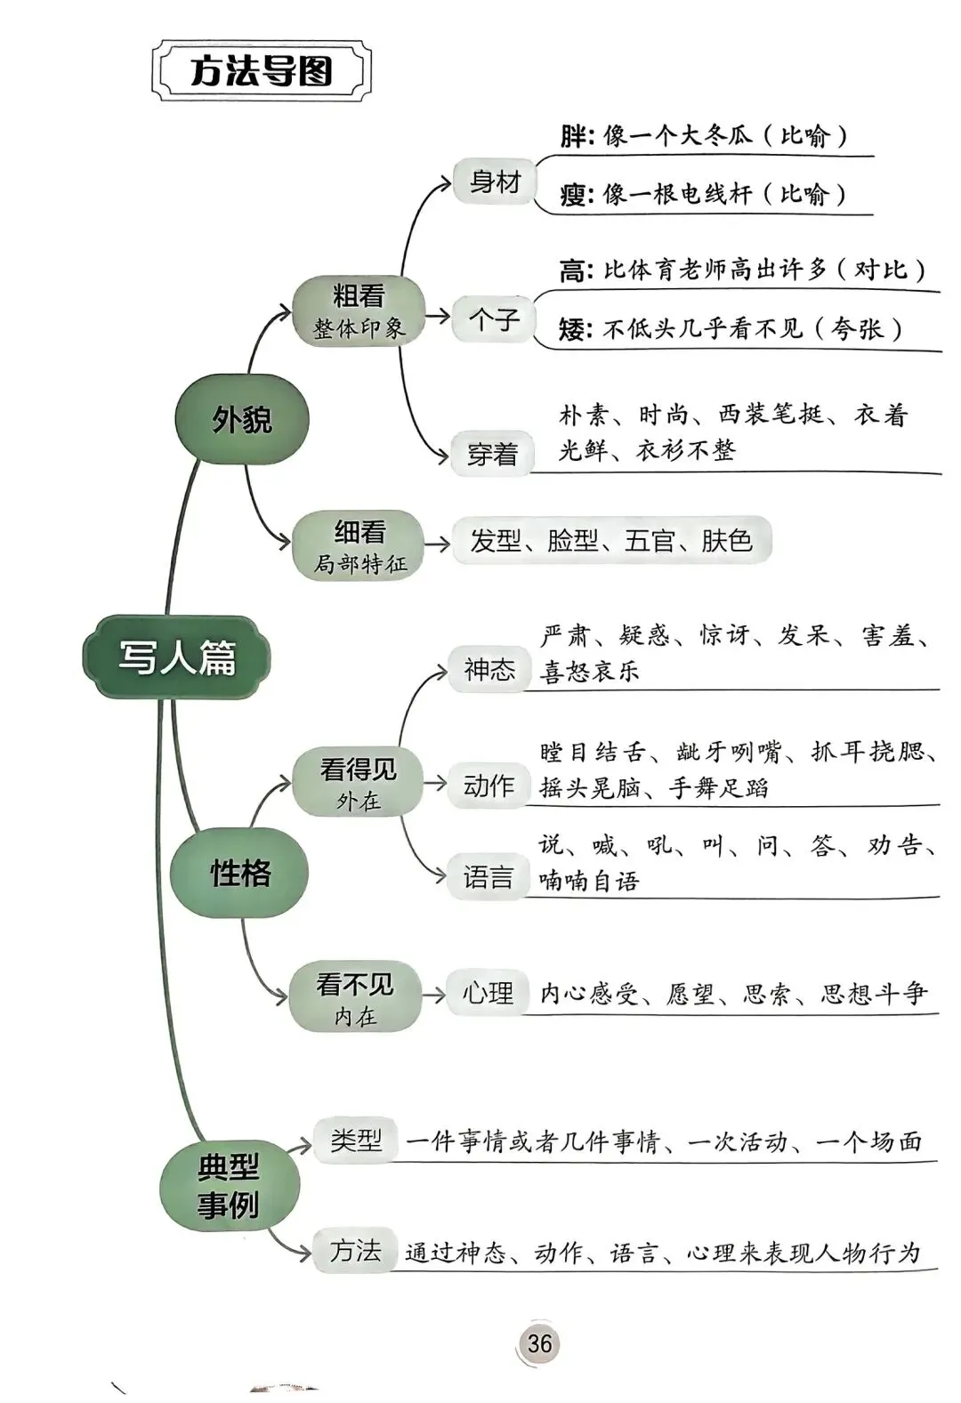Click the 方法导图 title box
(x=261, y=71)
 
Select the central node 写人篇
(x=176, y=657)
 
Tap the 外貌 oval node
(x=241, y=418)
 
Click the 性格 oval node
(x=239, y=873)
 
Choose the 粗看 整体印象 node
(x=359, y=310)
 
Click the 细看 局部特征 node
(x=359, y=546)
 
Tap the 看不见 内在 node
(x=355, y=998)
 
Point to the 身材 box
(x=494, y=181)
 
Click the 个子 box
(x=493, y=318)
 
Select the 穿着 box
(x=492, y=454)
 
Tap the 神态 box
(x=489, y=669)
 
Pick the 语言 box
(x=489, y=878)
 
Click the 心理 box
(x=487, y=993)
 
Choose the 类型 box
(x=356, y=1140)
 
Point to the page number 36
(x=539, y=1343)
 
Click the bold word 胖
(x=573, y=136)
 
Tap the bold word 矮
(x=572, y=329)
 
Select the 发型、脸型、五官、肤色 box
(x=610, y=540)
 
